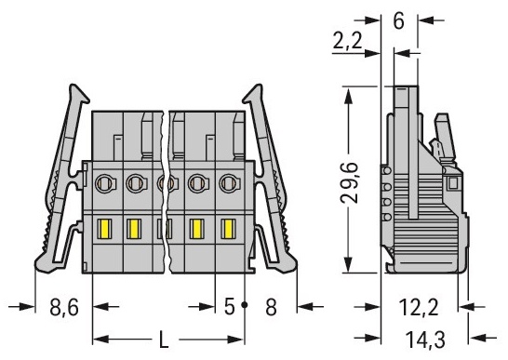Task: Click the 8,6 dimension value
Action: (x=64, y=307)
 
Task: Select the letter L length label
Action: (x=165, y=340)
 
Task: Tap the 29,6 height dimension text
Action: (x=350, y=182)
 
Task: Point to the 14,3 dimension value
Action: (x=425, y=340)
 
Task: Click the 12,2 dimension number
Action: (x=419, y=307)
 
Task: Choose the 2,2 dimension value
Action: (x=347, y=41)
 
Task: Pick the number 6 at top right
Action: (x=398, y=20)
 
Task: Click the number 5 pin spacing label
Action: (x=229, y=307)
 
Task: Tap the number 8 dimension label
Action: (x=271, y=307)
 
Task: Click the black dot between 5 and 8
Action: (x=245, y=305)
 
